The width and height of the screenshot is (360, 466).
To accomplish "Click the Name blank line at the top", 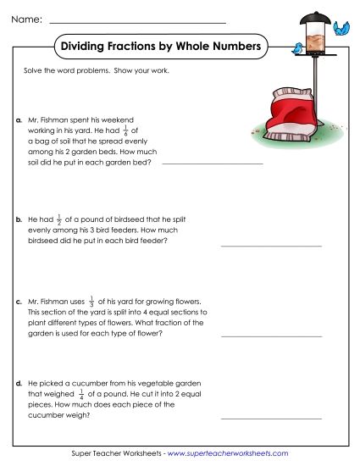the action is (x=138, y=21).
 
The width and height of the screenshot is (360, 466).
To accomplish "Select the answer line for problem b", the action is (x=271, y=245).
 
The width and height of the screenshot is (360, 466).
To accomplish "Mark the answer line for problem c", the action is (x=271, y=336).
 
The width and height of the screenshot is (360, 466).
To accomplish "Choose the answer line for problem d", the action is (x=271, y=418).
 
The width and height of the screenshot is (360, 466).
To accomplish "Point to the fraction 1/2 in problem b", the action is (x=58, y=218).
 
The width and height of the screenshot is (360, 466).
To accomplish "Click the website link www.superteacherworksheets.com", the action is (x=228, y=454).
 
